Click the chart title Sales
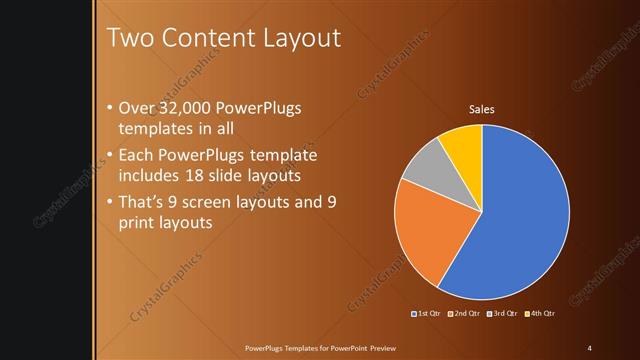point(482,109)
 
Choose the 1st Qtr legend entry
point(426,314)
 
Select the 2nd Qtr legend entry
point(463,314)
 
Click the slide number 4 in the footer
point(590,347)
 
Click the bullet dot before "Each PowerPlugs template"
point(109,157)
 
